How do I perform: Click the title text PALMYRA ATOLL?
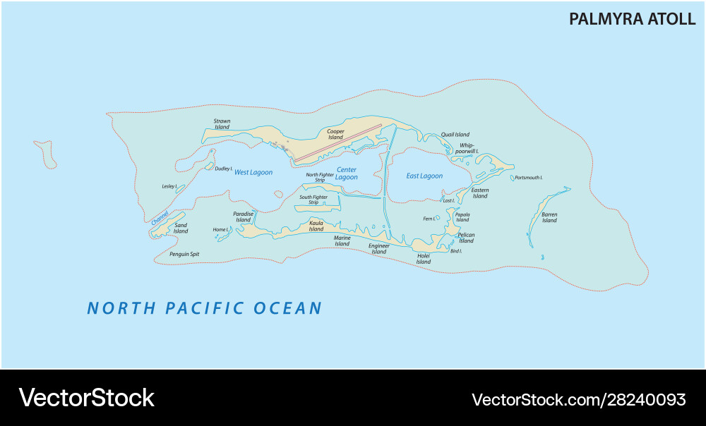632,19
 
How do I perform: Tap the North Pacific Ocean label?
204,308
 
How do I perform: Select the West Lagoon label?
253,172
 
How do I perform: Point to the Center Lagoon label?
346,174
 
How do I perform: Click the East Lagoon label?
424,176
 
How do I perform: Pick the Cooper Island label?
335,134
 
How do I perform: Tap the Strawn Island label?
222,124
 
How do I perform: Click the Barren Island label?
549,217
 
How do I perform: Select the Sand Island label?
181,228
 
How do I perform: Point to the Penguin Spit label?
184,253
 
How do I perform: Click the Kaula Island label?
316,226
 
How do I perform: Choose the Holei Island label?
423,259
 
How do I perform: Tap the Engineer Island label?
378,248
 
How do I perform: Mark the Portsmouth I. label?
528,178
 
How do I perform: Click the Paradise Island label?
243,217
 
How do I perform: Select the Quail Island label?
455,135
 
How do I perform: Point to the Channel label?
160,218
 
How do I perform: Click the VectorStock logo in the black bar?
86,398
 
